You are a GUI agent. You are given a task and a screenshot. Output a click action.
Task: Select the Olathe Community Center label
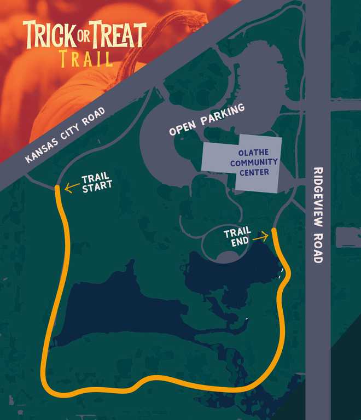click(x=254, y=163)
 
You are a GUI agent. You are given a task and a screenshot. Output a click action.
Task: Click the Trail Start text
click(x=96, y=182)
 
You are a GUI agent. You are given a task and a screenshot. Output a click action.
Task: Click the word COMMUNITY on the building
click(x=254, y=163)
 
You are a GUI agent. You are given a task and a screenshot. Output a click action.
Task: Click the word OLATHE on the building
click(x=254, y=153)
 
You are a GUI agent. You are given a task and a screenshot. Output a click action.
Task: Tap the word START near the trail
click(x=97, y=185)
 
